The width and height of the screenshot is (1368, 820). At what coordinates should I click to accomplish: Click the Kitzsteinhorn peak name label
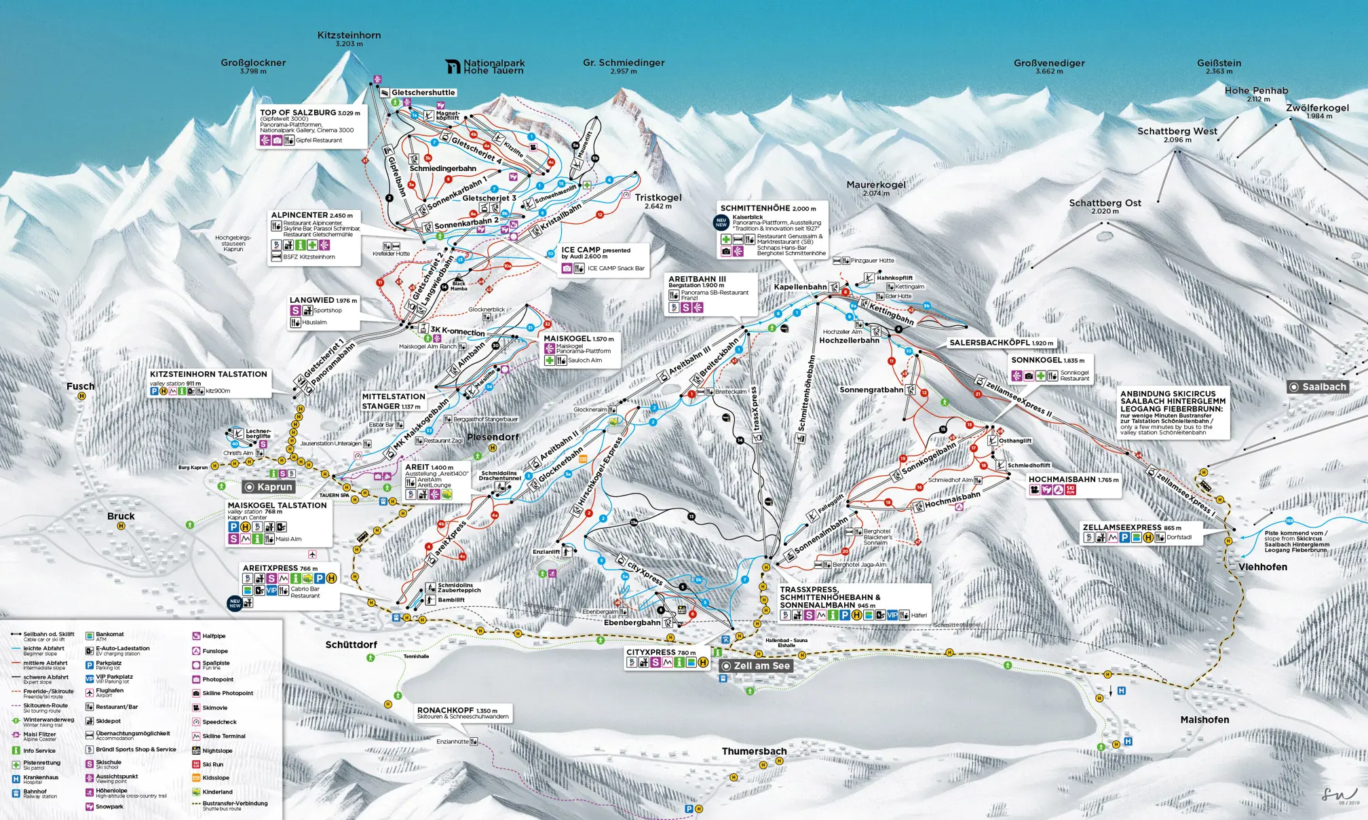tap(349, 35)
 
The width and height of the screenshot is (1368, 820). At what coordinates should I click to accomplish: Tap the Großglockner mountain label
tap(253, 62)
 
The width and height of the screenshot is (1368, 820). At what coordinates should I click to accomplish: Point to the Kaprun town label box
tap(269, 487)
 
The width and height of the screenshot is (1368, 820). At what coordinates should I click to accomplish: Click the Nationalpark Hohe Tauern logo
tap(484, 66)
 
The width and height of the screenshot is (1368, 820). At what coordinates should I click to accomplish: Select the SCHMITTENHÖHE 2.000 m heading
tap(767, 208)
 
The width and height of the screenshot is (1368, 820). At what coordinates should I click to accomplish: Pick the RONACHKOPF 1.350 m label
tap(457, 710)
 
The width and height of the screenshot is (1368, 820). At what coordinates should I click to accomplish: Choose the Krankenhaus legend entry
tap(41, 778)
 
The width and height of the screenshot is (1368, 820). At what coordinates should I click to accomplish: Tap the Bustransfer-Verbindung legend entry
tap(234, 804)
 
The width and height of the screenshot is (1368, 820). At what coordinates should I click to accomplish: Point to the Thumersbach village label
tap(754, 751)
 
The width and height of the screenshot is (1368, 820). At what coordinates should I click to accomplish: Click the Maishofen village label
tap(1204, 720)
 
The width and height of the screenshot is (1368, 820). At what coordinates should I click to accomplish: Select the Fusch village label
tap(80, 386)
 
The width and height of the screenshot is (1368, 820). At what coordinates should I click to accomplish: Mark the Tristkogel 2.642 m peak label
tap(658, 198)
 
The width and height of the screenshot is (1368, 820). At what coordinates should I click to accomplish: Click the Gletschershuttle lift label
tap(423, 92)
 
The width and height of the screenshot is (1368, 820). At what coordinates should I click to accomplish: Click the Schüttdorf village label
tap(351, 645)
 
